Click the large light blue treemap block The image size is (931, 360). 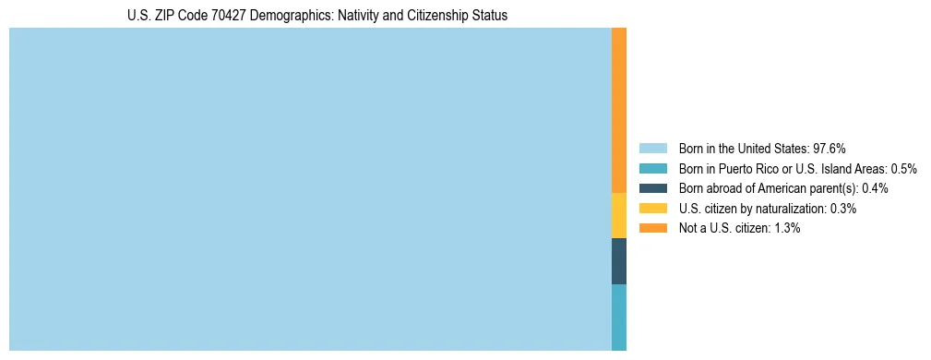pos(310,189)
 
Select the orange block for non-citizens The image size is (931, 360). pos(619,111)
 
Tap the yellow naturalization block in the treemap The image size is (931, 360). pos(619,215)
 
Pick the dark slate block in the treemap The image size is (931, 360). pos(619,261)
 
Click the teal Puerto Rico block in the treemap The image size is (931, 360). pos(619,317)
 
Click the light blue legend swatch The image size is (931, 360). pos(652,149)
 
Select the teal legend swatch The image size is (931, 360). pos(652,169)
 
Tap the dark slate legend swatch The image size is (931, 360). pos(652,188)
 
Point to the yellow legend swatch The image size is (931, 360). pos(652,209)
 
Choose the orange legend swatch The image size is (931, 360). pos(652,228)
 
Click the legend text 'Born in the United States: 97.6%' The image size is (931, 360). pos(762,149)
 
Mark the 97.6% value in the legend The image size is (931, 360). pos(830,149)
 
